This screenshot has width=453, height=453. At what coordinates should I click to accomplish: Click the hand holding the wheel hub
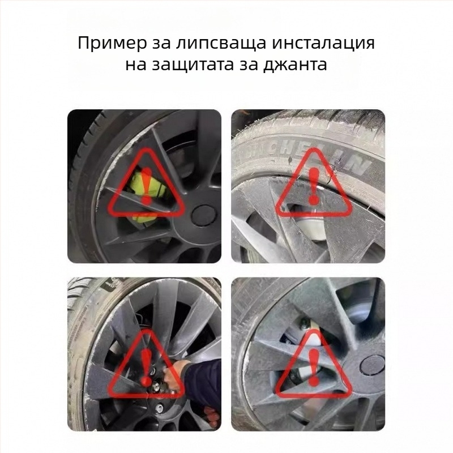(x=172, y=373)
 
